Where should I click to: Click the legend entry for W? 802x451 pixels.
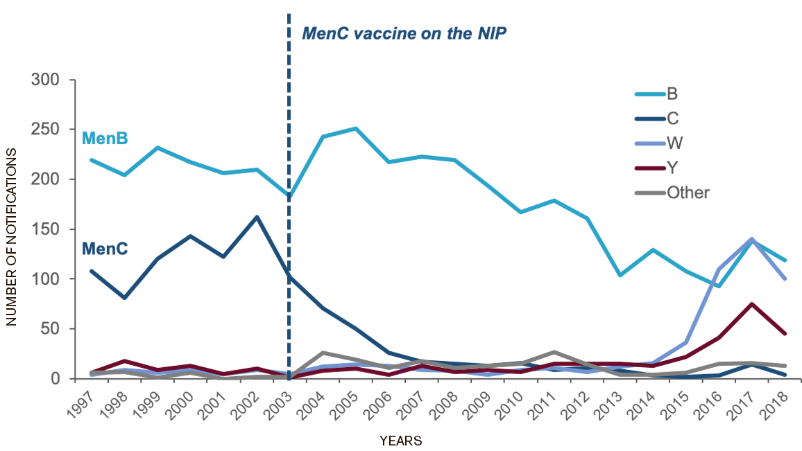(674, 143)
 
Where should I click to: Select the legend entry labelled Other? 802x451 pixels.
(688, 193)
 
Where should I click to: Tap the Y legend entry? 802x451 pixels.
(672, 168)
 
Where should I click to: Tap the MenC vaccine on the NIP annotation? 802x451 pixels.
(404, 33)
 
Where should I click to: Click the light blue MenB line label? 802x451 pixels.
(105, 139)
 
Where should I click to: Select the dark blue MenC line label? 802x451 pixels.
(105, 248)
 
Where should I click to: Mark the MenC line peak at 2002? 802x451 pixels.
(257, 217)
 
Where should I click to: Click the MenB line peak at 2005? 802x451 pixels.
(356, 128)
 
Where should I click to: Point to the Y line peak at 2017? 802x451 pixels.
(751, 303)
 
